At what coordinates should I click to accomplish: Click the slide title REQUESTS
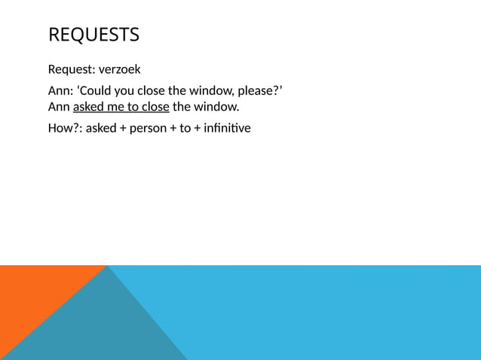93,35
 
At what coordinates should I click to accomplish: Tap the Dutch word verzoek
120,71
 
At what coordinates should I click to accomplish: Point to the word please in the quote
254,92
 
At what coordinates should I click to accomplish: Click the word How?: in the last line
65,128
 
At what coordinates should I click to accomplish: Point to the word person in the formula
149,129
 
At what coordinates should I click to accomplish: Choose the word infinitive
224,128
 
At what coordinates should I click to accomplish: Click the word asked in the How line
101,128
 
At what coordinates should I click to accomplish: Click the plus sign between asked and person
122,129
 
